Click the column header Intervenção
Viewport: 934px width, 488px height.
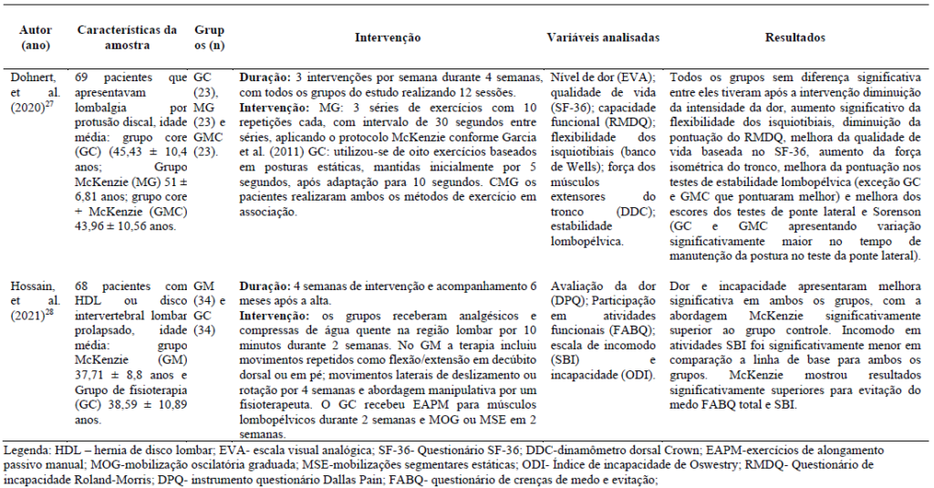pyautogui.click(x=387, y=37)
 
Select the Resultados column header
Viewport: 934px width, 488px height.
pyautogui.click(x=795, y=37)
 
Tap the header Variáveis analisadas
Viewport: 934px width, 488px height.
pyautogui.click(x=603, y=37)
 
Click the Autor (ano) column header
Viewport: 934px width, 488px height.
pyautogui.click(x=36, y=37)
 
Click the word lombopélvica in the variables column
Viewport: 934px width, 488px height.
pyautogui.click(x=584, y=242)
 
